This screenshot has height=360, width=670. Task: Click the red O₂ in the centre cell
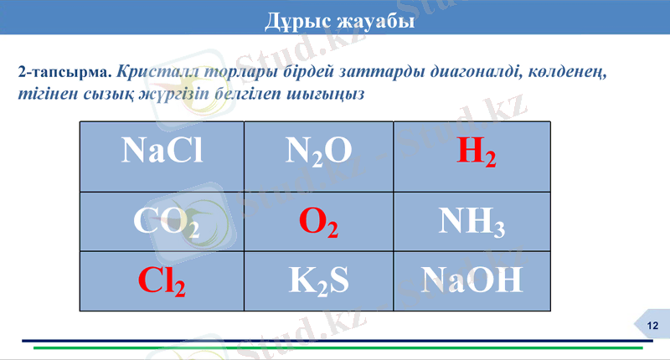[x=318, y=221]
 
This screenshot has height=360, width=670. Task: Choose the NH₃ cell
[x=472, y=221]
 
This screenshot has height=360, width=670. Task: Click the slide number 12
[x=652, y=326]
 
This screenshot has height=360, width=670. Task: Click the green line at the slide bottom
[x=335, y=347]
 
